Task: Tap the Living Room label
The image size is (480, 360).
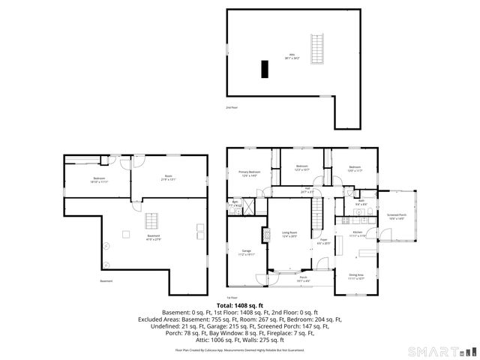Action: click(x=289, y=234)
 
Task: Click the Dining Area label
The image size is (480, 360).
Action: click(x=355, y=276)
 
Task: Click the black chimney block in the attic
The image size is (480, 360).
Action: click(x=264, y=69)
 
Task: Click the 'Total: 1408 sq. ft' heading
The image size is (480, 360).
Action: click(x=240, y=305)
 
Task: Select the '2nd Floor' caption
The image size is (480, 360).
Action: click(x=232, y=107)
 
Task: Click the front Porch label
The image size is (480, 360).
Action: click(x=303, y=279)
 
